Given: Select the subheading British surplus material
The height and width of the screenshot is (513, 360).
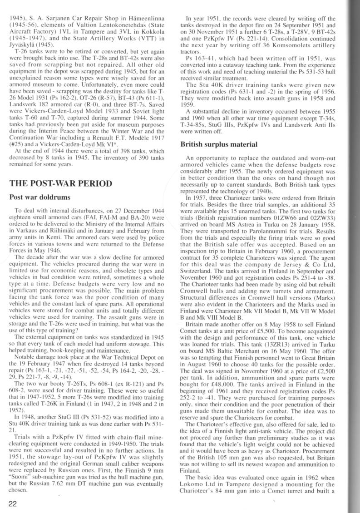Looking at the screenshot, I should tap(219, 144).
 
